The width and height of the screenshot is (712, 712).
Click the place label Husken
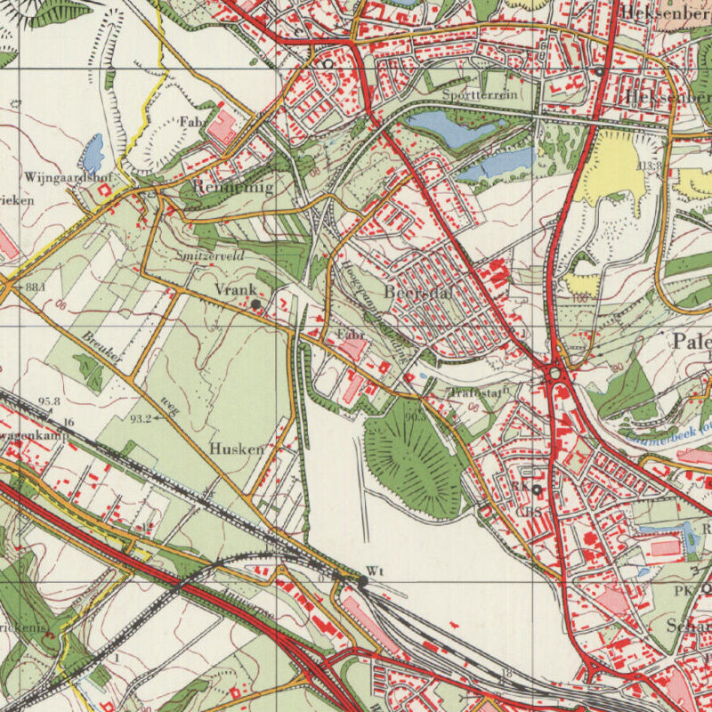point(237,449)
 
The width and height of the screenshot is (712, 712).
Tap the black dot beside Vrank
point(256,304)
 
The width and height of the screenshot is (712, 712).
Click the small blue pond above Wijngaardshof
point(92,155)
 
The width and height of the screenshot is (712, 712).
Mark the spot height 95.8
point(50,401)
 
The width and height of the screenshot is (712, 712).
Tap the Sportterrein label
point(481,94)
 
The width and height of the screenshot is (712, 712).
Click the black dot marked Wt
point(363,581)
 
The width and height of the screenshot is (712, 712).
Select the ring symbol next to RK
point(537,489)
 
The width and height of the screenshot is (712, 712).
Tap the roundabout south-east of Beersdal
point(556,375)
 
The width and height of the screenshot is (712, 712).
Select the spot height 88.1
point(36,287)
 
